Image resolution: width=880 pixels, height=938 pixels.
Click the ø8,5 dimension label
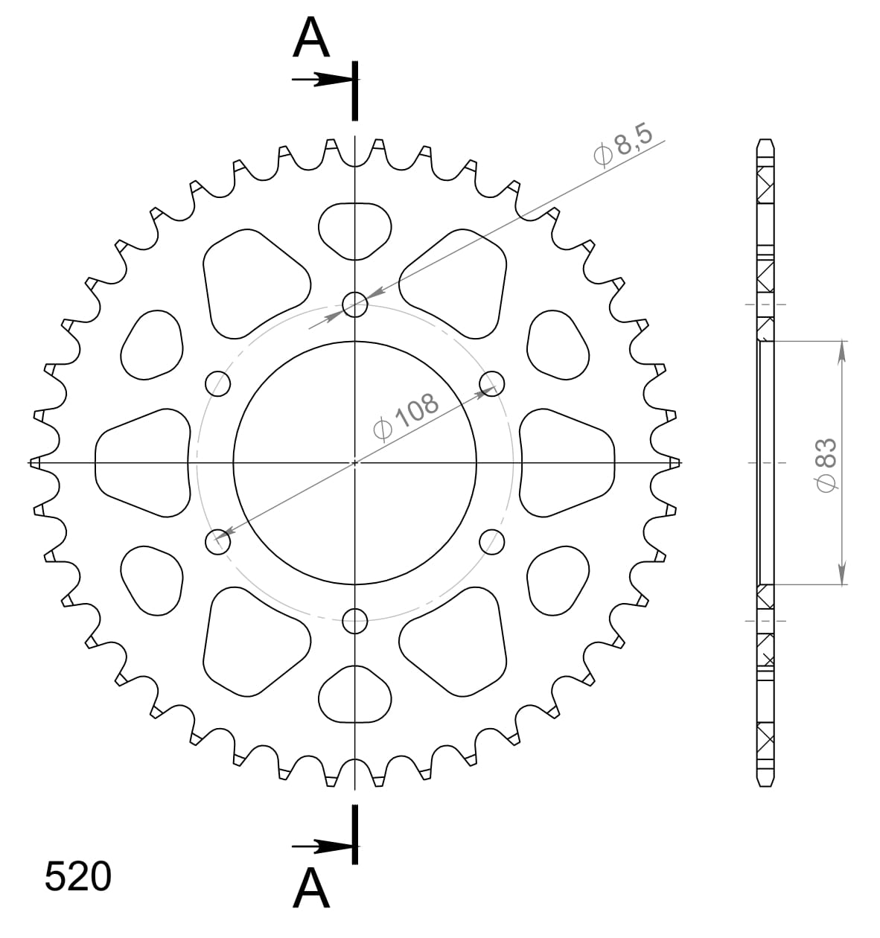tap(622, 147)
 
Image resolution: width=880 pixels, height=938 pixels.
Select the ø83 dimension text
tap(827, 463)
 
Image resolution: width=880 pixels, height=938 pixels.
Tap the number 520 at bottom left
tap(78, 877)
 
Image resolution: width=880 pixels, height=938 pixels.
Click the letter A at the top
tap(311, 39)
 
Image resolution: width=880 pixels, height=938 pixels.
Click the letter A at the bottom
tap(311, 889)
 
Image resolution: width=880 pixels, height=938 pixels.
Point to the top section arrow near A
tap(320, 80)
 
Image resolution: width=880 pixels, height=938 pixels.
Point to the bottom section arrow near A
tap(320, 846)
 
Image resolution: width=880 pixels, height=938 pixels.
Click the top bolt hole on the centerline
tap(355, 303)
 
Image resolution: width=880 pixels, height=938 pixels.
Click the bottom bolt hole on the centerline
tap(355, 619)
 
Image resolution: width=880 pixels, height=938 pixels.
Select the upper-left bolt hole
tap(217, 383)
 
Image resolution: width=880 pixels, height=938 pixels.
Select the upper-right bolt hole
tap(490, 383)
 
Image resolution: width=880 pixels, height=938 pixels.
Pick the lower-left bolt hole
tap(217, 542)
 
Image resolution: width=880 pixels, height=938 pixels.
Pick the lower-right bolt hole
tap(491, 542)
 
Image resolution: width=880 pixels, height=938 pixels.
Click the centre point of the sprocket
tap(355, 462)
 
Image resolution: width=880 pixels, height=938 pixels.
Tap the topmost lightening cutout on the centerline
tap(355, 230)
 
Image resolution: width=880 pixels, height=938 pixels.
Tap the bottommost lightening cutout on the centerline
tap(355, 695)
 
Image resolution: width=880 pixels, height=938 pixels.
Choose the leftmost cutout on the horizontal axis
tap(141, 462)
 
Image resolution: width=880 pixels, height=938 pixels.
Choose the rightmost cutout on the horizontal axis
tap(567, 462)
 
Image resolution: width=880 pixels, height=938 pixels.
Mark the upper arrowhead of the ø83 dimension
tap(842, 351)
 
